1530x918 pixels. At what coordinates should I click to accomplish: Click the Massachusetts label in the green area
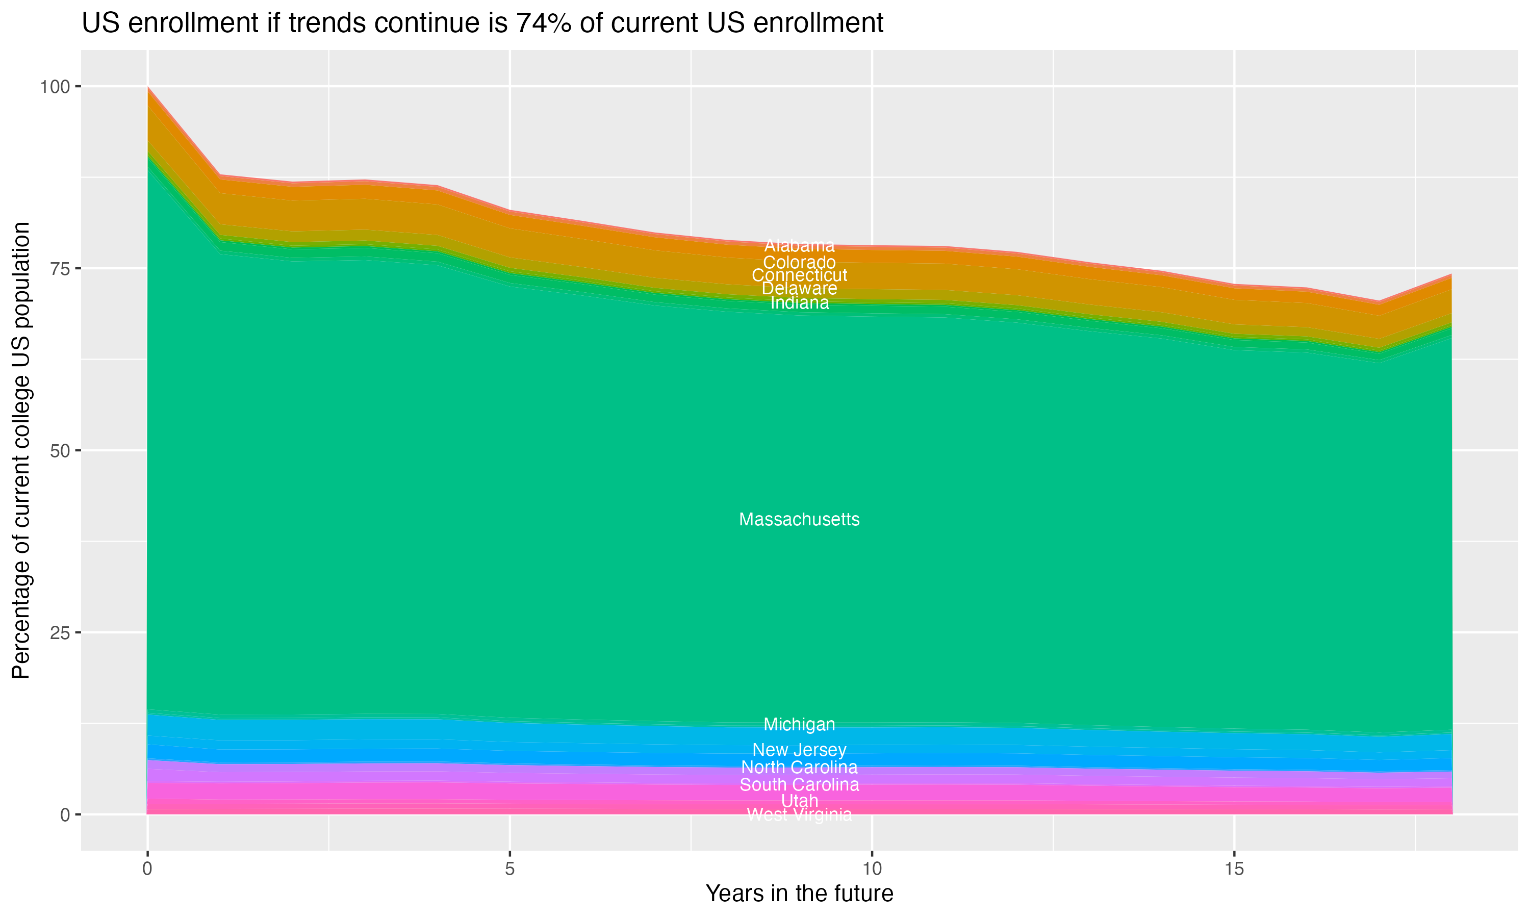tap(799, 520)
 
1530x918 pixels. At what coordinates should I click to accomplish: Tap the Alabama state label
tap(799, 246)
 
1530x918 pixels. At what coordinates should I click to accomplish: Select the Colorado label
tap(799, 262)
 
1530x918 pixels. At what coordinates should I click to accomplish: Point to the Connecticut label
tap(799, 275)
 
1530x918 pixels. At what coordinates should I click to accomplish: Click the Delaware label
tap(799, 288)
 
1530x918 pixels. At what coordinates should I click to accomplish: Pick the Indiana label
tap(799, 303)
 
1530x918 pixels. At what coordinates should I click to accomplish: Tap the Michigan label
tap(799, 724)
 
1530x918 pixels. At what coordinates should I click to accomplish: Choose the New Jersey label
tap(799, 750)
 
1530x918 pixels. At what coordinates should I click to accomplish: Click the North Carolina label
tap(799, 768)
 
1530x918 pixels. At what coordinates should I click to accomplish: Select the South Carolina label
tap(799, 785)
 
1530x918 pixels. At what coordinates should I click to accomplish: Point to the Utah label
tap(799, 801)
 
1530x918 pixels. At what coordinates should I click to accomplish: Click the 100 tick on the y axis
tap(55, 87)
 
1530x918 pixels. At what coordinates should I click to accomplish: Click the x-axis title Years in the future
tap(799, 894)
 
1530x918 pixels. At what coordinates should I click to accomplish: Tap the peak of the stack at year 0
tap(148, 88)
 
